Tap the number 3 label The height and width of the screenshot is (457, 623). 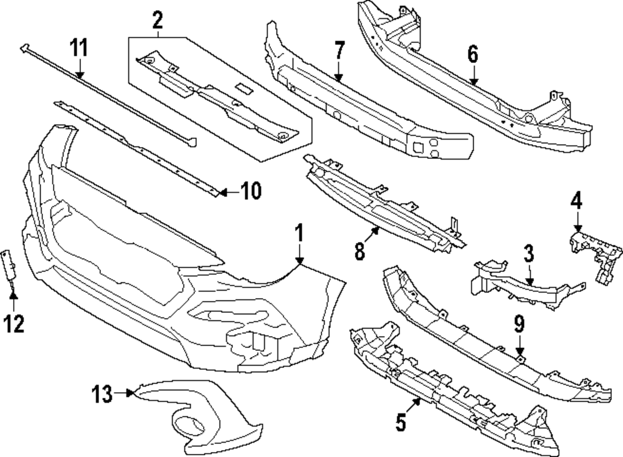coord(529,254)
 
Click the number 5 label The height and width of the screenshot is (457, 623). coord(401,422)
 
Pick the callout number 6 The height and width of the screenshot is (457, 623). coord(473,54)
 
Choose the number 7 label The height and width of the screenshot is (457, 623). coord(338,49)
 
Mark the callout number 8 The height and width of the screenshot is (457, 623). coord(359,251)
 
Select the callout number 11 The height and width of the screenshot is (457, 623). coord(79,47)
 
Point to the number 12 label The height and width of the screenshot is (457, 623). coord(14,323)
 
